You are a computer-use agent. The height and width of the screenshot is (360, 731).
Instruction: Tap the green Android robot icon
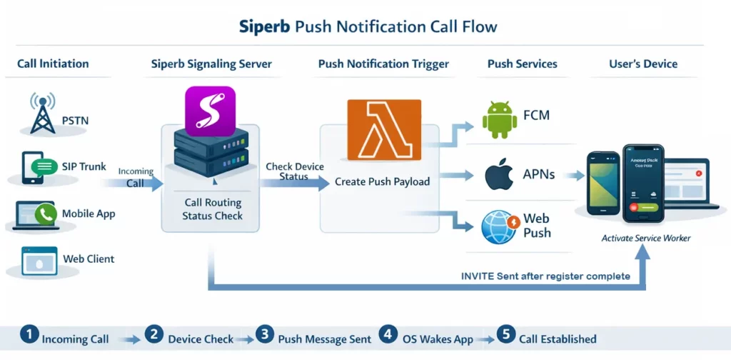tap(499, 119)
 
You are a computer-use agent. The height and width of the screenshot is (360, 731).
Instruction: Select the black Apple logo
tap(499, 176)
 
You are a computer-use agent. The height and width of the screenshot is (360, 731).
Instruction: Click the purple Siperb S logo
tap(210, 111)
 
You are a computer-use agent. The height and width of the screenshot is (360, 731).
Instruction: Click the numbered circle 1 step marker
tap(29, 334)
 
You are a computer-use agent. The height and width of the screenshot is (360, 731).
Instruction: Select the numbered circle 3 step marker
tap(265, 334)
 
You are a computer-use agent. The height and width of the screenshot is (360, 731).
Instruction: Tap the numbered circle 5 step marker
tap(505, 334)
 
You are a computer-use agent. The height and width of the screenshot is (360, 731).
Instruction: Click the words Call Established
tap(558, 339)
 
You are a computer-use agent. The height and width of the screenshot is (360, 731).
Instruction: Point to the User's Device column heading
tap(642, 64)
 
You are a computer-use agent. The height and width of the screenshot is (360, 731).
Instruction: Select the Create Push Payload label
tap(383, 181)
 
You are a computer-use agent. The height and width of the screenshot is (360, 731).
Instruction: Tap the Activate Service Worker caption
tap(645, 238)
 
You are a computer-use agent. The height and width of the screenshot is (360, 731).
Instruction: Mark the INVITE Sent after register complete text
tap(545, 276)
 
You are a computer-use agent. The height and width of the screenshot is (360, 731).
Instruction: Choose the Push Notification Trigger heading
tap(383, 64)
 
